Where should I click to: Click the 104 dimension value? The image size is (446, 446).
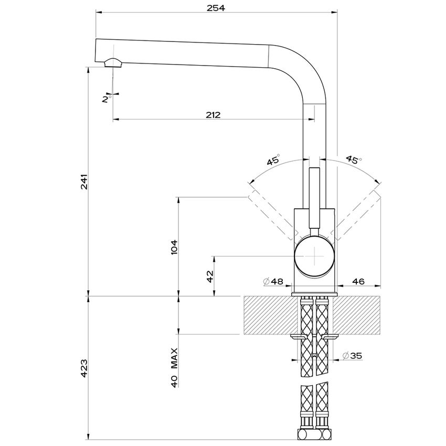[x=174, y=247]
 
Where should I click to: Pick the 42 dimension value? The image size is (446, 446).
[x=209, y=276]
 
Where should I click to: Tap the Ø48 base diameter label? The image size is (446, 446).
[x=273, y=282]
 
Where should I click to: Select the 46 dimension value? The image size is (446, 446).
[x=358, y=282]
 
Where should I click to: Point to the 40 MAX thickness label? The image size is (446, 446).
[x=174, y=367]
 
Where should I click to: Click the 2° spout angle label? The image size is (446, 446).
[x=108, y=99]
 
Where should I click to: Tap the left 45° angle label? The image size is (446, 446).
[x=273, y=161]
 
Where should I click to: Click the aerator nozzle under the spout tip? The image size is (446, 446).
[x=112, y=63]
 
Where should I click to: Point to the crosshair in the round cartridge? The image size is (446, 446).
[x=314, y=256]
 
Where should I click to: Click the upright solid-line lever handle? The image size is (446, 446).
[x=314, y=199]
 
